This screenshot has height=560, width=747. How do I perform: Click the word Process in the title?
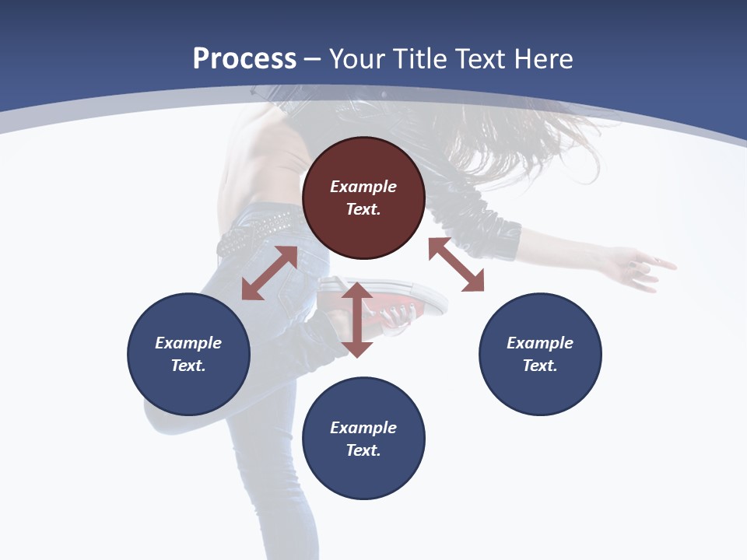(244, 59)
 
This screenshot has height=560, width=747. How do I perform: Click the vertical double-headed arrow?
(357, 319)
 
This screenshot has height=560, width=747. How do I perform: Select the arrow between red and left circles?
(270, 273)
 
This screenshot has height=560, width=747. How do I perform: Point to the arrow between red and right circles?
(456, 264)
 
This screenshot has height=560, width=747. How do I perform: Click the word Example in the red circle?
(363, 187)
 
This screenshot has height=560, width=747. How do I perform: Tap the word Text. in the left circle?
(188, 366)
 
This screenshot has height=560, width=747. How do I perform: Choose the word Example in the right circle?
(540, 343)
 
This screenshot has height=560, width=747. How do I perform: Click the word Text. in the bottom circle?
(363, 450)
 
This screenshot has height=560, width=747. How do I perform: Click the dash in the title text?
(313, 60)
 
